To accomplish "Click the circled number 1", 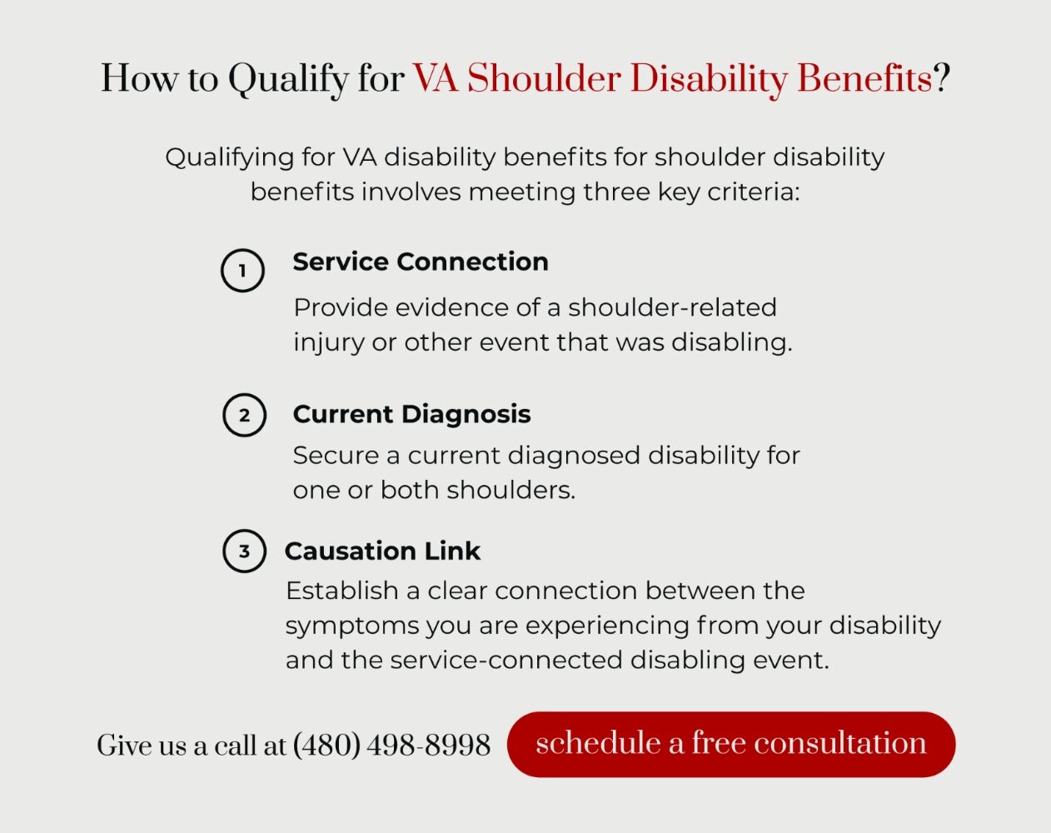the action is pos(242,271).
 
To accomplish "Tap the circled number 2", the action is pos(244,415).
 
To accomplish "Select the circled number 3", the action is pos(244,551).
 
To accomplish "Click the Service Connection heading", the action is pos(421,262).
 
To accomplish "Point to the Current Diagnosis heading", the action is pos(411,414).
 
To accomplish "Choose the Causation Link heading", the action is pos(382,551).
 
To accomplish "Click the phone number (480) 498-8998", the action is pos(391,745).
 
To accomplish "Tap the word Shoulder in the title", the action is pos(544,78).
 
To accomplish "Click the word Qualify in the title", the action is pos(289,80).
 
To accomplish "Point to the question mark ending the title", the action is pos(942,78).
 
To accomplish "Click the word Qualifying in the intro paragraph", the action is pos(230,158).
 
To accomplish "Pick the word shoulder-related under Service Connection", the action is pos(672,307).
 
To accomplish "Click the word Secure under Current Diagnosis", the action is pos(336,456).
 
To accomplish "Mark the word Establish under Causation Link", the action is pos(342,591).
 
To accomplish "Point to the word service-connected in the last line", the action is pos(506,660).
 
